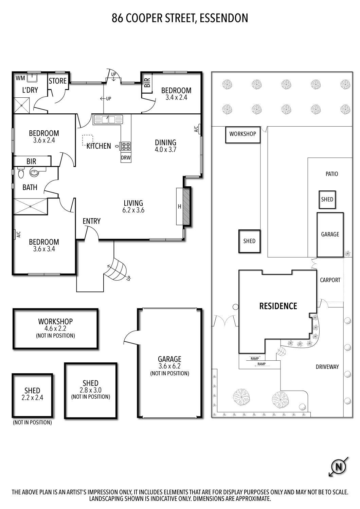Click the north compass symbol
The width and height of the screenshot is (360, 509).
[339, 467]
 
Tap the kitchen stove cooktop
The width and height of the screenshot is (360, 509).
[126, 146]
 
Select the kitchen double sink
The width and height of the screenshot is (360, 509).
[108, 119]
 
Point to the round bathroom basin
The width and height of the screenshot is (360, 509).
[34, 173]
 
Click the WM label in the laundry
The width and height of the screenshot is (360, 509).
[20, 78]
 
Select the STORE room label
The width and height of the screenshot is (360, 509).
[57, 81]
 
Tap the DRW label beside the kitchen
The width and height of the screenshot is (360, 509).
[126, 158]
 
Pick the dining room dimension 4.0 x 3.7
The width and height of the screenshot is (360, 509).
[165, 150]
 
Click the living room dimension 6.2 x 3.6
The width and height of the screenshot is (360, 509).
[133, 210]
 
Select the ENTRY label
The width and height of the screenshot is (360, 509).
[91, 221]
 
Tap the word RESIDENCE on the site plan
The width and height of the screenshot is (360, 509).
[278, 306]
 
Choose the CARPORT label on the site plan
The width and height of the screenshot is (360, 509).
[330, 280]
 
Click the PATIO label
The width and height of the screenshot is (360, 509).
[331, 174]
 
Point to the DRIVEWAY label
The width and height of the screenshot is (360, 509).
[327, 367]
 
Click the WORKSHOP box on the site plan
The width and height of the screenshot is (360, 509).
[242, 134]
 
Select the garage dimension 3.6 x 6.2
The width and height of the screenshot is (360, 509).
[169, 366]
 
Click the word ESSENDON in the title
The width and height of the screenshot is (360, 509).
[224, 18]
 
